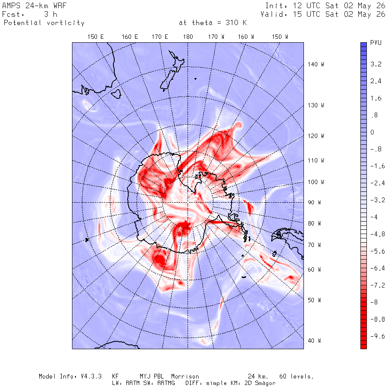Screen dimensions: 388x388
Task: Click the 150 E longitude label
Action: point(96,37)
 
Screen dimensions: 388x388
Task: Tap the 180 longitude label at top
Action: point(188,37)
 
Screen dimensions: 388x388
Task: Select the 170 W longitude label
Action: point(216,37)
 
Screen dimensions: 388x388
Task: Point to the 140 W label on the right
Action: point(316,64)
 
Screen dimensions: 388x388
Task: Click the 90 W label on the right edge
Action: point(314,203)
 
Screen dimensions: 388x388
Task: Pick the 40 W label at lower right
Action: point(314,341)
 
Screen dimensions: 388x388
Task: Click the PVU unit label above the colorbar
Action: point(375,43)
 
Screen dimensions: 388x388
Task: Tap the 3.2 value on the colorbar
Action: point(375,64)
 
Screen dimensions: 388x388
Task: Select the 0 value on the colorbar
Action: point(372,132)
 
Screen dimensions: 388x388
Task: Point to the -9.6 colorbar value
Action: point(378,336)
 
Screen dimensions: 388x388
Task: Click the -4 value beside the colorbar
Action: point(374,217)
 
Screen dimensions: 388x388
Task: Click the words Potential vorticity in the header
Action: point(44,23)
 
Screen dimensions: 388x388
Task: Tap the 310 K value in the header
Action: point(236,23)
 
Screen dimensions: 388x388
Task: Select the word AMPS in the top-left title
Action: point(11,6)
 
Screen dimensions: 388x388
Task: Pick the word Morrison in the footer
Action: point(185,376)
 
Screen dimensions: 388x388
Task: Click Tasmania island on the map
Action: point(116,94)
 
